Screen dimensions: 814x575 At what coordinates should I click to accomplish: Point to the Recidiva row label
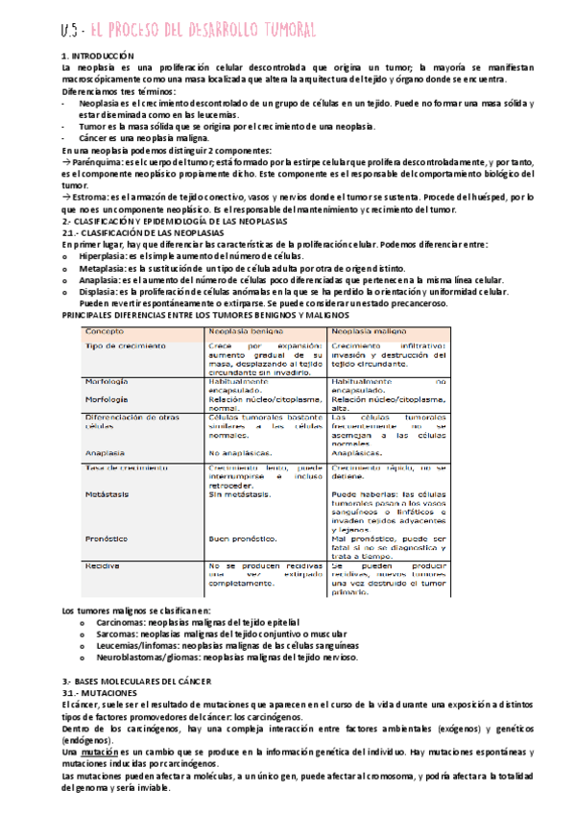coord(103,565)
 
